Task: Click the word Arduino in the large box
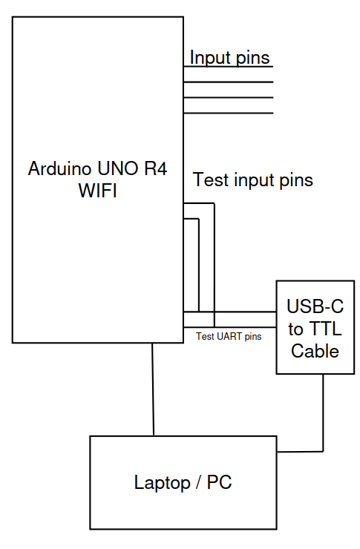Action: (57, 169)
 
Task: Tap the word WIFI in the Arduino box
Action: (97, 191)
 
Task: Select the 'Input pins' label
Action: (229, 57)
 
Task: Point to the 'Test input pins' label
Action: (252, 180)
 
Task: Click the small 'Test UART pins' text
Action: (229, 336)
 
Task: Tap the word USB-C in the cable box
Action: (310, 306)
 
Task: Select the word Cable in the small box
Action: (315, 351)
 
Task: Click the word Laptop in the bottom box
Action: (160, 483)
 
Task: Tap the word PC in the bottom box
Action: (220, 483)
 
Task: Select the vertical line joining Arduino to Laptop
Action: (153, 389)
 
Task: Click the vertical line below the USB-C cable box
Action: (323, 412)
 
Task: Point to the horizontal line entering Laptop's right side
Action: (300, 450)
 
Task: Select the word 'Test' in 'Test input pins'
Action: (209, 180)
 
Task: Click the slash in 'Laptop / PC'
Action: (197, 483)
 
